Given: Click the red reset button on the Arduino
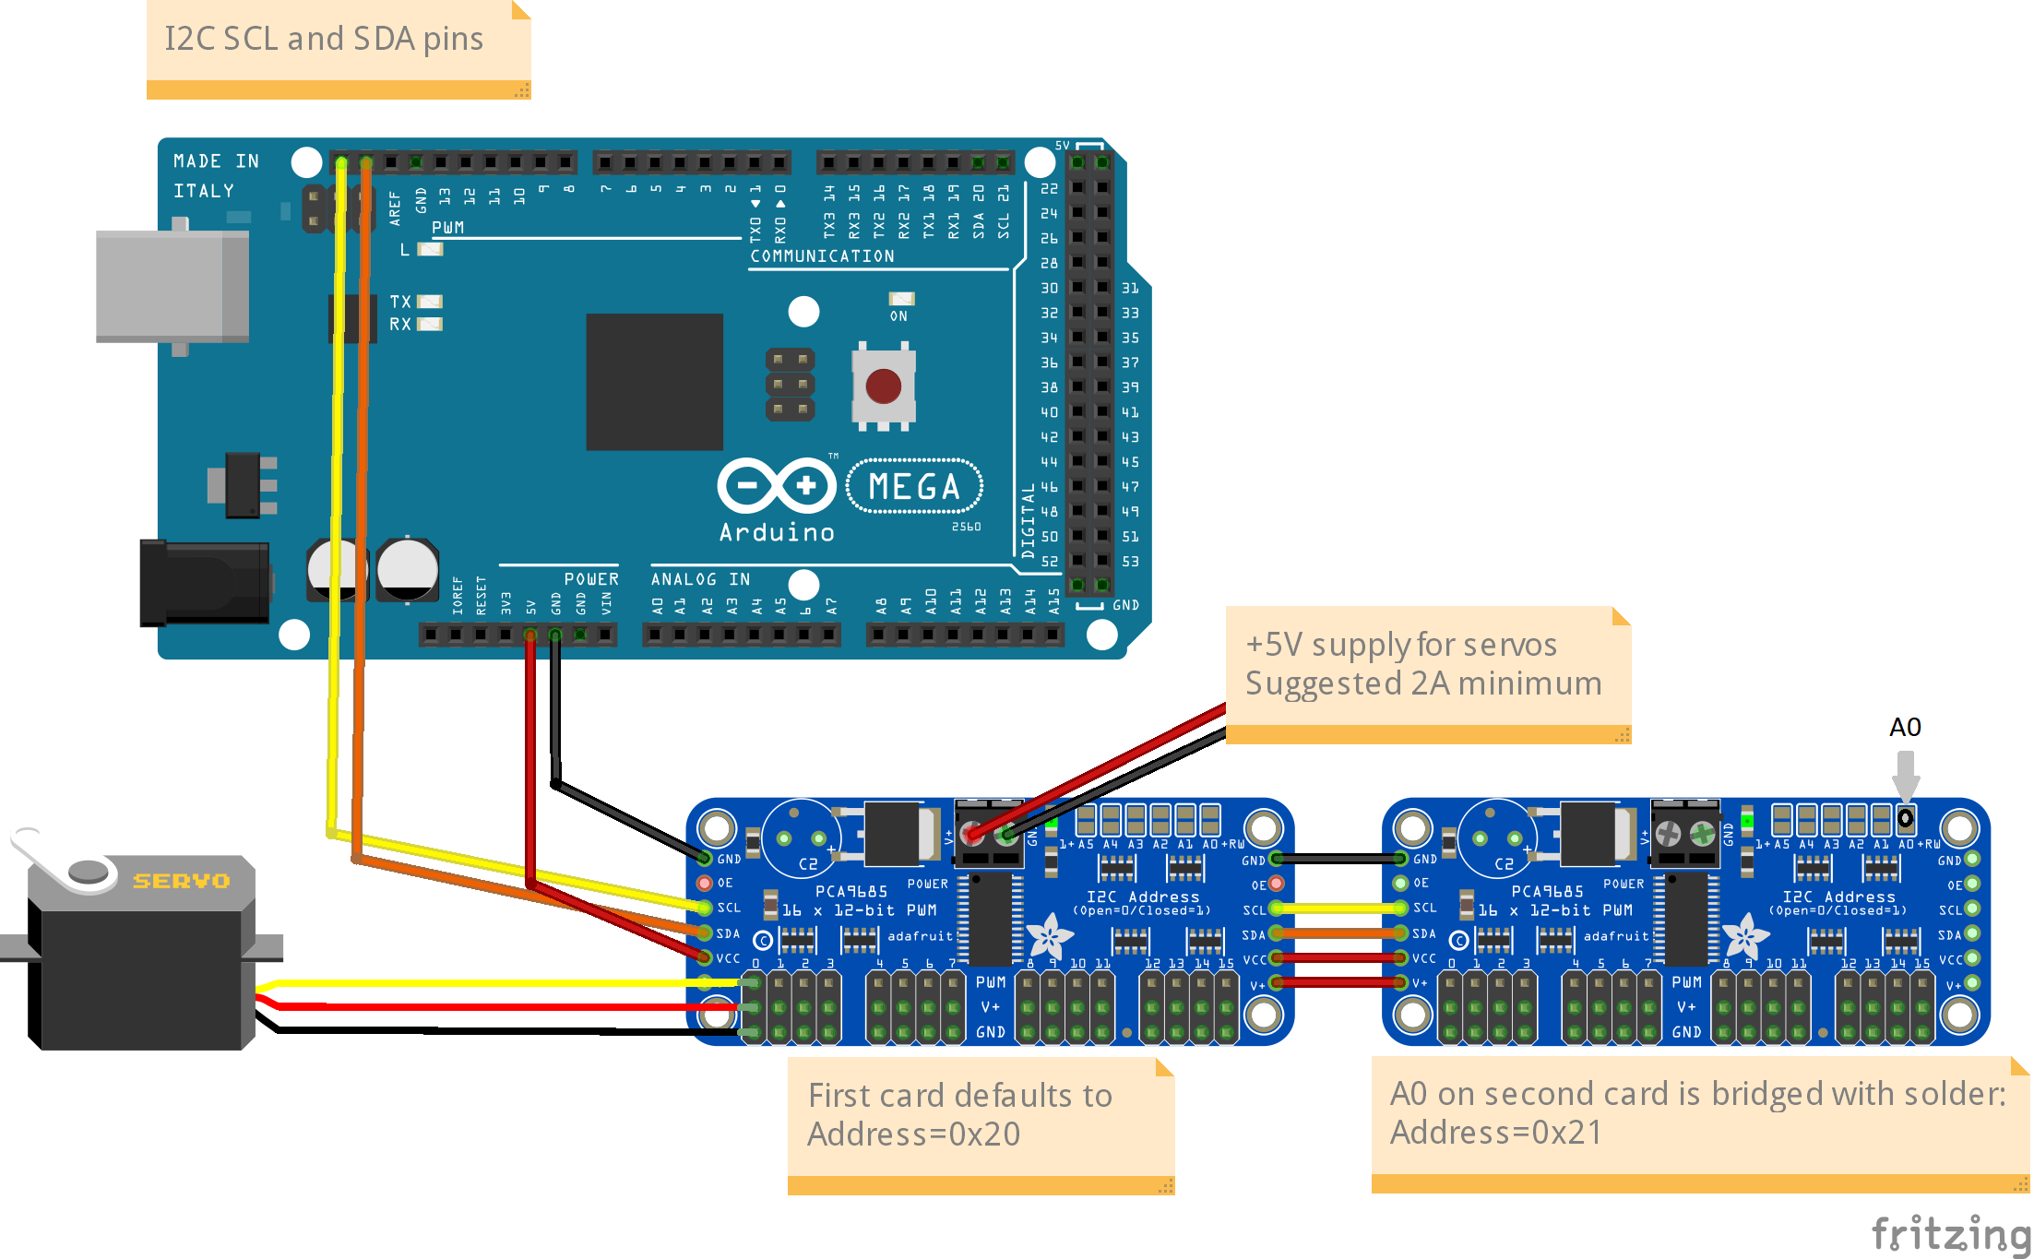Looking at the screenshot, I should coord(883,386).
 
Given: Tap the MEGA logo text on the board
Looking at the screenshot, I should coord(914,486).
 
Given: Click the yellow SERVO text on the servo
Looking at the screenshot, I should coord(181,881).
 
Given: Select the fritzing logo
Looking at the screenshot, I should coord(1950,1233).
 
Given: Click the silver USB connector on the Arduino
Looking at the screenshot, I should coord(172,286).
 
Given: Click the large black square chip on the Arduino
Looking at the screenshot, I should coord(655,382).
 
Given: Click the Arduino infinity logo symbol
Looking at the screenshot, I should coord(777,485).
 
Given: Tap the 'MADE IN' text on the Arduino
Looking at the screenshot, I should coord(216,161).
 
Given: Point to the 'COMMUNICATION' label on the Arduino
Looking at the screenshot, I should coord(822,256).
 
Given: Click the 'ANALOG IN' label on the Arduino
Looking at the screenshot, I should coord(700,579).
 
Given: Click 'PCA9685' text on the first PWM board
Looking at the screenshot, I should coord(850,891).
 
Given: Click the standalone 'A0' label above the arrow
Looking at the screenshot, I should coord(1905,727).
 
